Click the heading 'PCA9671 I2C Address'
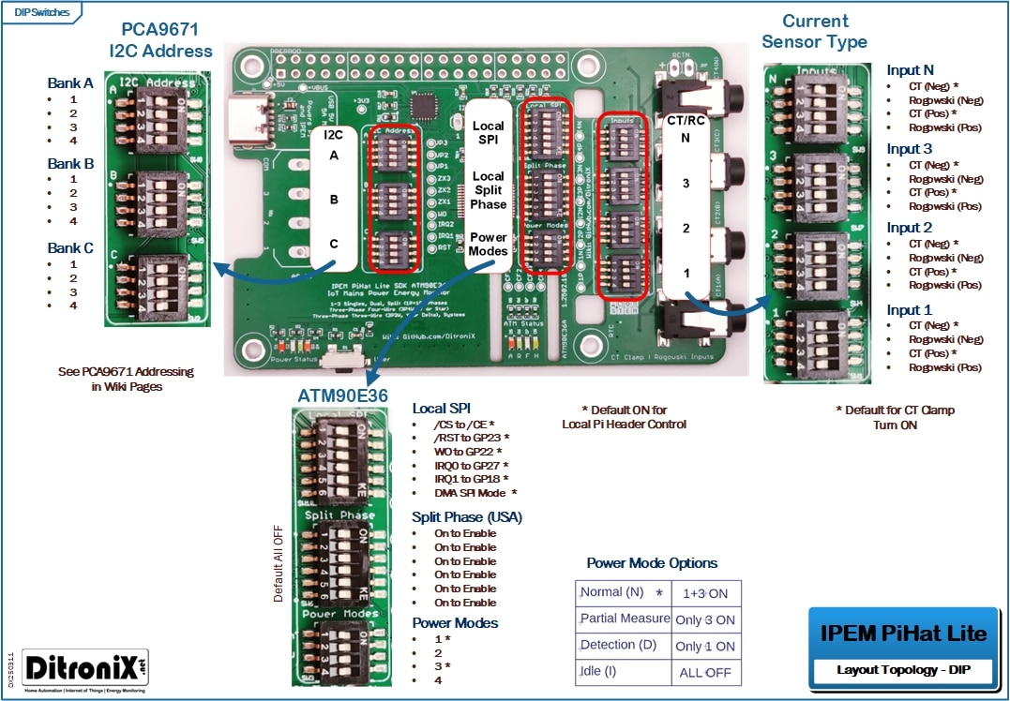[x=160, y=40]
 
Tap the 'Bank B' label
[x=70, y=164]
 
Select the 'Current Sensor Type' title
[x=814, y=31]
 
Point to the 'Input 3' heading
[x=910, y=149]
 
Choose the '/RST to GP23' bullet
[x=471, y=438]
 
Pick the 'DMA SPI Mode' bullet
[x=475, y=493]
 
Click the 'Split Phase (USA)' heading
[x=467, y=517]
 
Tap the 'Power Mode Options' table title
[x=652, y=563]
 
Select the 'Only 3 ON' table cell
[x=705, y=619]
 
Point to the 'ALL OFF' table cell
[x=705, y=673]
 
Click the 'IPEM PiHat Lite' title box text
[x=903, y=634]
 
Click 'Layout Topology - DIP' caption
[x=903, y=671]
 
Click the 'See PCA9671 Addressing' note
[x=126, y=372]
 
